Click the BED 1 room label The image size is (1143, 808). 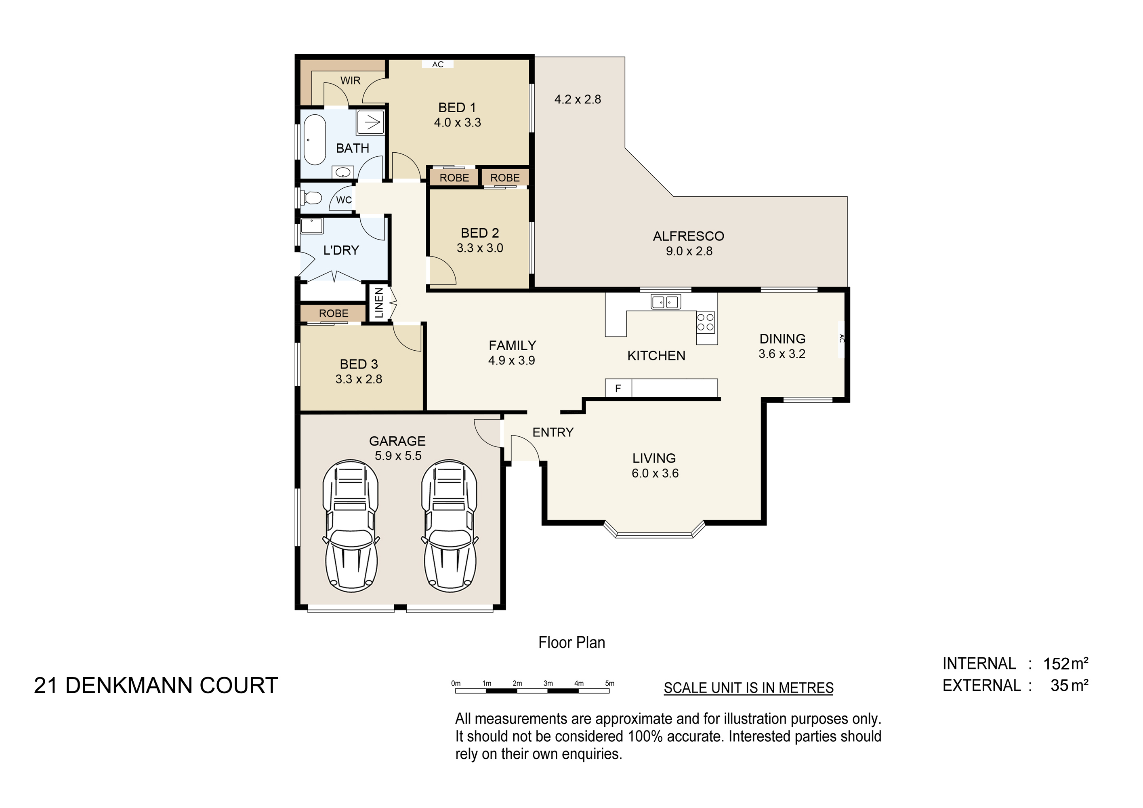pyautogui.click(x=457, y=107)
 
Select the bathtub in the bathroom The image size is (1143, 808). pyautogui.click(x=315, y=140)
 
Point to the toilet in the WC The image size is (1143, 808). pyautogui.click(x=311, y=198)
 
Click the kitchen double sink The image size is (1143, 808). pyautogui.click(x=666, y=302)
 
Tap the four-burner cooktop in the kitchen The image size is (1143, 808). pyautogui.click(x=706, y=322)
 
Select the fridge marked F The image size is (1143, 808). pyautogui.click(x=618, y=388)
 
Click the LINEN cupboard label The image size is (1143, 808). pyautogui.click(x=379, y=303)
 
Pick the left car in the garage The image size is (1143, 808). pyautogui.click(x=351, y=526)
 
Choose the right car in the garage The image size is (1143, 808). pyautogui.click(x=450, y=526)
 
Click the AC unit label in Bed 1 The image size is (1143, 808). pyautogui.click(x=437, y=64)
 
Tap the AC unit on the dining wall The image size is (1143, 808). pyautogui.click(x=841, y=339)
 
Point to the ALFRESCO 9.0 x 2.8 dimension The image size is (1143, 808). pyautogui.click(x=689, y=251)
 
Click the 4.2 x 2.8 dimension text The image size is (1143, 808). pyautogui.click(x=578, y=99)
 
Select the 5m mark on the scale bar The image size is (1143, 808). pyautogui.click(x=609, y=684)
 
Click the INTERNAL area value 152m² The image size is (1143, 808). pyautogui.click(x=1065, y=664)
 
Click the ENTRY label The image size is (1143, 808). pyautogui.click(x=553, y=432)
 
